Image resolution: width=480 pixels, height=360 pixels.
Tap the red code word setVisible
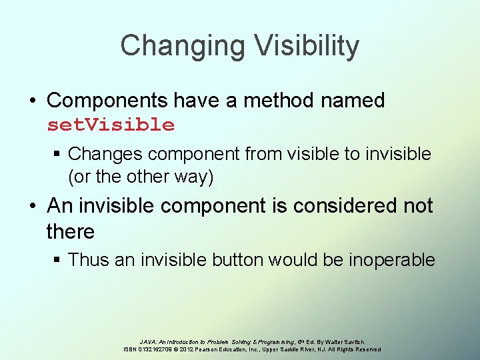point(111,125)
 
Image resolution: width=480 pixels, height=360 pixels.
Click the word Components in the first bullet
point(107,101)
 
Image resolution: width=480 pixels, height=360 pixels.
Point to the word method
point(272,101)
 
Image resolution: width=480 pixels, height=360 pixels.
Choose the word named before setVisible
point(353,101)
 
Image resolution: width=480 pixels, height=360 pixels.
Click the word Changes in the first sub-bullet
point(105,154)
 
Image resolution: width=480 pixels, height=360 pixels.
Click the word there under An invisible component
point(70,231)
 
